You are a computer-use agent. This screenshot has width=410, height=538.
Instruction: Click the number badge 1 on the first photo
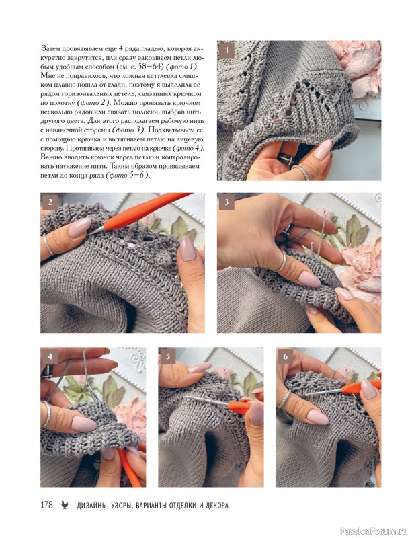tap(226, 50)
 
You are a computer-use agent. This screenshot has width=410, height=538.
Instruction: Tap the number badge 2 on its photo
tap(49, 202)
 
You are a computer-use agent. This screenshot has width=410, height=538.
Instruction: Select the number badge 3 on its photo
tap(226, 202)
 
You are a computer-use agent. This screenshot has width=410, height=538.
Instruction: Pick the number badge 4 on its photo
tap(49, 356)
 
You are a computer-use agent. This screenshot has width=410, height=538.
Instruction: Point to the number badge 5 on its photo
tap(167, 356)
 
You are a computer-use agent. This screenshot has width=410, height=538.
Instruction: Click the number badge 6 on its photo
tap(285, 356)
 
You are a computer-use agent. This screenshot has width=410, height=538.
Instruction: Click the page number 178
tap(46, 505)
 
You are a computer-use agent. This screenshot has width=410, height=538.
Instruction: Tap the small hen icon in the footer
tap(65, 505)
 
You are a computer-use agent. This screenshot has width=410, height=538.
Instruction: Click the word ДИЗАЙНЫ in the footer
tap(89, 506)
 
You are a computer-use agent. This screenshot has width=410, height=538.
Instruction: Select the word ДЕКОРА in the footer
tap(216, 506)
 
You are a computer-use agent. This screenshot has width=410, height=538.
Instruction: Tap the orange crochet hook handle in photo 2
tap(144, 211)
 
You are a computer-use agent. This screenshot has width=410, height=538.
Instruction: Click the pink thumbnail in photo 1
tap(323, 149)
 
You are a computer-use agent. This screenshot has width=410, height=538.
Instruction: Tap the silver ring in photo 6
tap(284, 399)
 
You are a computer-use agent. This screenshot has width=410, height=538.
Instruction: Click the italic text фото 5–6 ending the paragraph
tap(127, 176)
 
